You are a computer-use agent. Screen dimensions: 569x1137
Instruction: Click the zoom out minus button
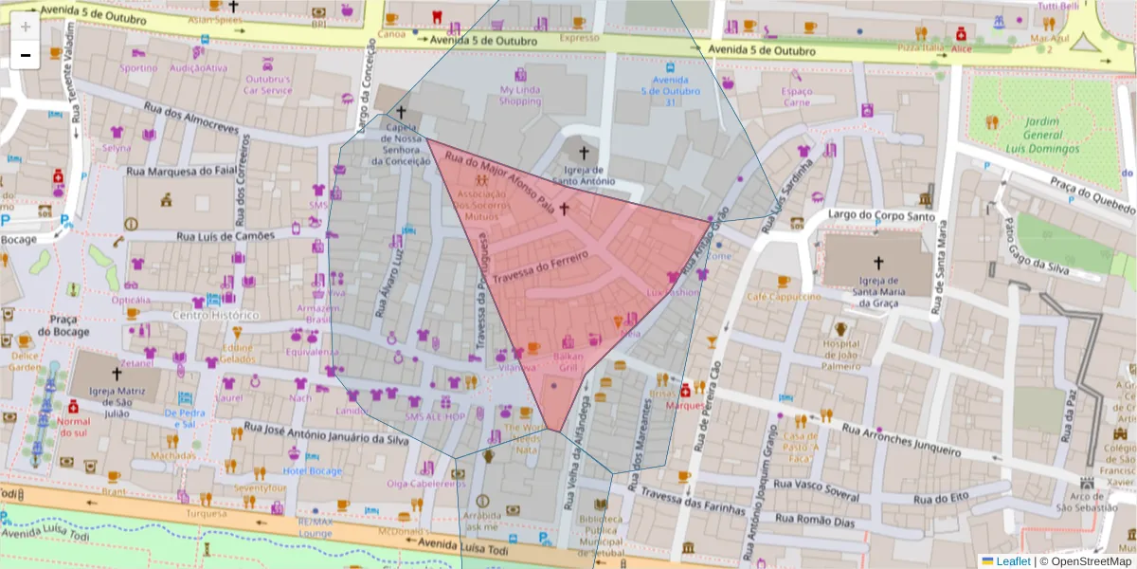[x=25, y=55]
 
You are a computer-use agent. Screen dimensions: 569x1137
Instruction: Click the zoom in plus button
[x=25, y=26]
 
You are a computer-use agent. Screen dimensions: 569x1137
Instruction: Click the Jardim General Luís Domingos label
[x=1038, y=135]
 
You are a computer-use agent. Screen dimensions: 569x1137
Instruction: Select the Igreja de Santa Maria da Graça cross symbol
[x=877, y=263]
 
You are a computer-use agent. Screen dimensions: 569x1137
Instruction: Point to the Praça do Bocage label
[x=63, y=324]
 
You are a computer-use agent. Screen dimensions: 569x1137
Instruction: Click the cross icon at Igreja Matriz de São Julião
[x=117, y=374]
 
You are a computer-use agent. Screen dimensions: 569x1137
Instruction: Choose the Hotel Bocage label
[x=312, y=471]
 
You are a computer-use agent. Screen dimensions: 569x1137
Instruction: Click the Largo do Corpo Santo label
[x=875, y=214]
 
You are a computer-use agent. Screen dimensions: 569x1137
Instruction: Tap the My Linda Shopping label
[x=520, y=95]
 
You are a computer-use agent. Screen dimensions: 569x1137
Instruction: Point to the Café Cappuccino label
[x=783, y=297]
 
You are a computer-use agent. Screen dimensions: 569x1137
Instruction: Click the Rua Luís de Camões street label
[x=225, y=235]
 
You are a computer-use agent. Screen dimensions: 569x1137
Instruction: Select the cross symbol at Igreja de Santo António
[x=584, y=152]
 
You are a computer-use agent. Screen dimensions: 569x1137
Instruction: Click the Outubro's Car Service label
[x=268, y=84]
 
